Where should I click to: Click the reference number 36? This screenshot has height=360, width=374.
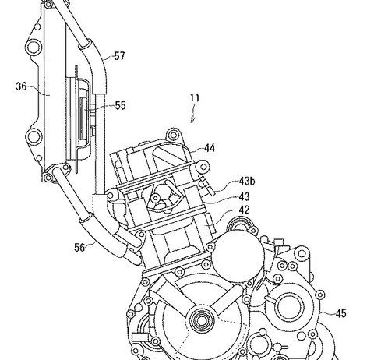click(21, 86)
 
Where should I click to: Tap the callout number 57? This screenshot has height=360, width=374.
click(119, 56)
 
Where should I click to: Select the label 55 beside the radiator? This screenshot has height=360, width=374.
click(120, 105)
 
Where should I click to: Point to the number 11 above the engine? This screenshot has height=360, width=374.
click(195, 98)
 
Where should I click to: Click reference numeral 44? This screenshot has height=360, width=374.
click(210, 148)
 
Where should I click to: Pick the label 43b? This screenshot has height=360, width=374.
click(247, 181)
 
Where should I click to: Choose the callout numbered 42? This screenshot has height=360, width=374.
click(244, 210)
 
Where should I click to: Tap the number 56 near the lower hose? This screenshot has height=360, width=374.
click(79, 247)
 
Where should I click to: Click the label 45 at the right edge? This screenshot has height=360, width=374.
click(340, 313)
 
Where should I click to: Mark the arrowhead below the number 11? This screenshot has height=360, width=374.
click(192, 120)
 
